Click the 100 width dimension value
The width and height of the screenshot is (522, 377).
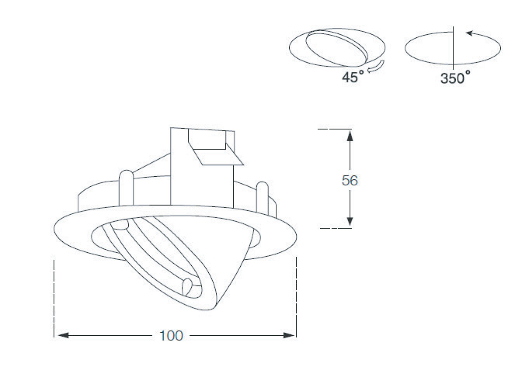point(171,336)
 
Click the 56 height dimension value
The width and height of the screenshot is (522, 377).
point(350,181)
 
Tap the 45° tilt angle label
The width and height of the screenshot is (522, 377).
point(352,78)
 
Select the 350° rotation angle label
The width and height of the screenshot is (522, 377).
point(455,78)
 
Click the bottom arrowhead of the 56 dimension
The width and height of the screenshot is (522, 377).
point(350,221)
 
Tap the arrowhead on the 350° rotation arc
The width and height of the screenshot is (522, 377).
point(469,33)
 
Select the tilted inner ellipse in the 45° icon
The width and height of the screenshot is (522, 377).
point(338,47)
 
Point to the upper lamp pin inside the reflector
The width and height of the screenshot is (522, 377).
point(122,225)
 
